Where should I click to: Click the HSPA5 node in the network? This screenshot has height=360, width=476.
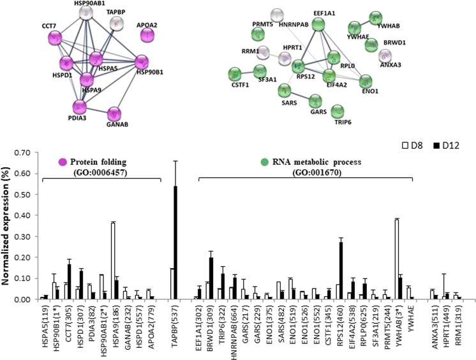click(98, 59)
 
